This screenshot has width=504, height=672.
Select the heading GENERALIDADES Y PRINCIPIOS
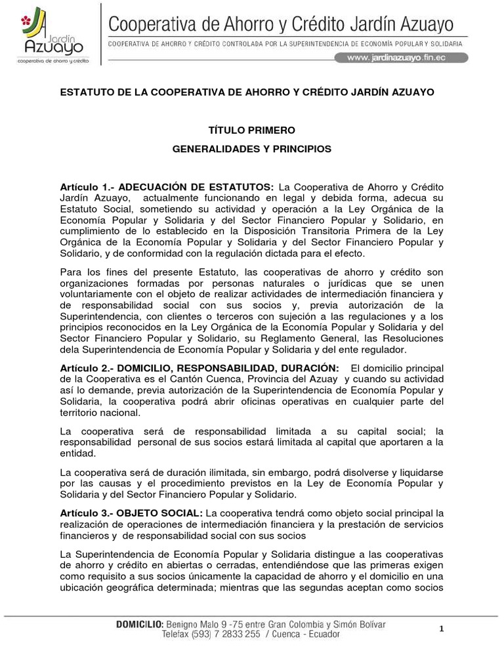pyautogui.click(x=252, y=149)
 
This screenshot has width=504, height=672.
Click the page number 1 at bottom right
pyautogui.click(x=442, y=629)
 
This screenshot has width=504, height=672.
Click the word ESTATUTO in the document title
pyautogui.click(x=87, y=91)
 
